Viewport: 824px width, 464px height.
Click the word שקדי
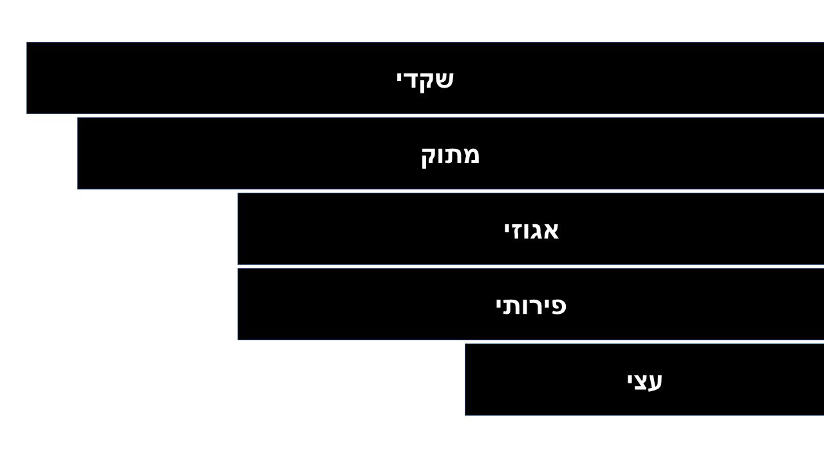(425, 79)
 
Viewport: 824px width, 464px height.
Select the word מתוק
(450, 155)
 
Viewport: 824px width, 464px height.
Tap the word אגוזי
(531, 230)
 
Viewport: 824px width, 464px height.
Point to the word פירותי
(530, 305)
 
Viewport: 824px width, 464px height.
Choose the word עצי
(644, 380)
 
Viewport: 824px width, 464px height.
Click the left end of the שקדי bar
(27, 78)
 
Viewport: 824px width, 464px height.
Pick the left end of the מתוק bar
(78, 153)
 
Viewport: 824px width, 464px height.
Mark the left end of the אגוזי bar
(238, 229)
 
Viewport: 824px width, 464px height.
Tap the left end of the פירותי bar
(238, 304)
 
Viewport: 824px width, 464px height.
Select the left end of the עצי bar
(465, 380)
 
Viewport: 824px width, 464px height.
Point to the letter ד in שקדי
(412, 79)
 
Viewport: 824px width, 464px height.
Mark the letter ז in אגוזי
(516, 230)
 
